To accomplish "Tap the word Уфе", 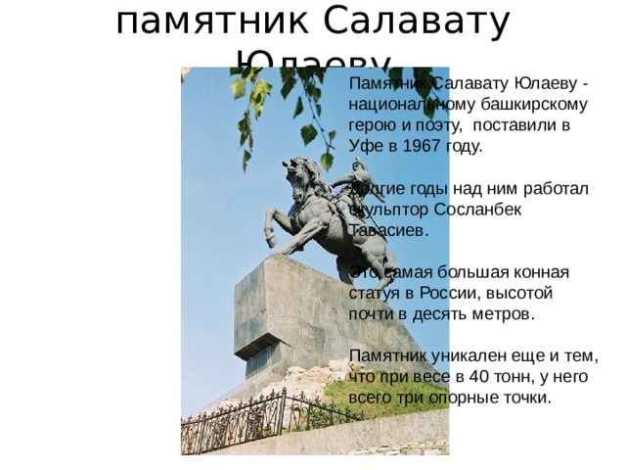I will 364,147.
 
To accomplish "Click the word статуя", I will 373,293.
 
